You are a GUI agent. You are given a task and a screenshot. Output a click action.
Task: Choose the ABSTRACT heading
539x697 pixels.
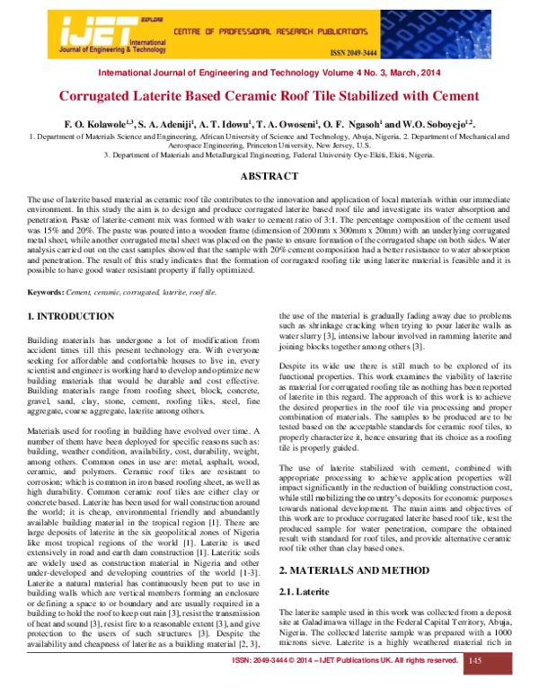tap(269, 177)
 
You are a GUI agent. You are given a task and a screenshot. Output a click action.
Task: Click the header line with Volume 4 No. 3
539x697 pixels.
tap(269, 72)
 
